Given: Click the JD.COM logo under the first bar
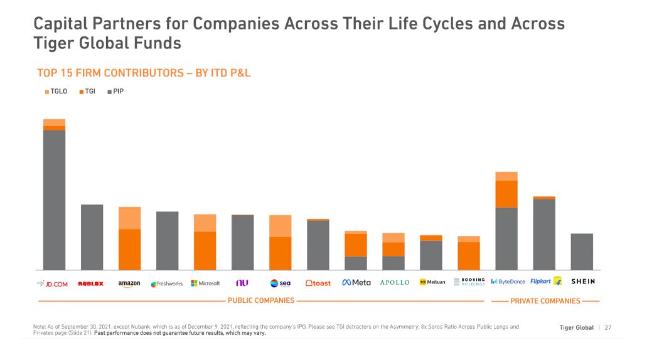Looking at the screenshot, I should (x=53, y=283).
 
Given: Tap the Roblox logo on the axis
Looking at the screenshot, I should (x=91, y=283).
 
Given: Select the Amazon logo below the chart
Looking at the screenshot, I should (x=129, y=283).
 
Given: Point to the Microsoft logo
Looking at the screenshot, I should (x=205, y=283).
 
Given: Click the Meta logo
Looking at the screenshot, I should (x=356, y=283).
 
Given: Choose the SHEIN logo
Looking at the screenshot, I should (x=582, y=282).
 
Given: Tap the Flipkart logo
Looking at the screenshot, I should (x=545, y=282).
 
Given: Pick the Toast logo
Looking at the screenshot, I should (x=318, y=283).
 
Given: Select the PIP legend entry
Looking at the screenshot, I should (x=115, y=92).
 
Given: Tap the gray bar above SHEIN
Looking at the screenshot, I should (x=582, y=251).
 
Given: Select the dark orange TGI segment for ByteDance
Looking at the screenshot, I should (x=506, y=194).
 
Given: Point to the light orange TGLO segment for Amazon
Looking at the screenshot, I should (x=129, y=218).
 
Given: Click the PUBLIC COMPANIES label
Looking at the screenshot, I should (x=260, y=301).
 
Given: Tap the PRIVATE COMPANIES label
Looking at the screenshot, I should (x=545, y=301).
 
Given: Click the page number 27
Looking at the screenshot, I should (x=608, y=327).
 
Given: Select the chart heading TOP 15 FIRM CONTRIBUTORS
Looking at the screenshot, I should (x=144, y=73).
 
